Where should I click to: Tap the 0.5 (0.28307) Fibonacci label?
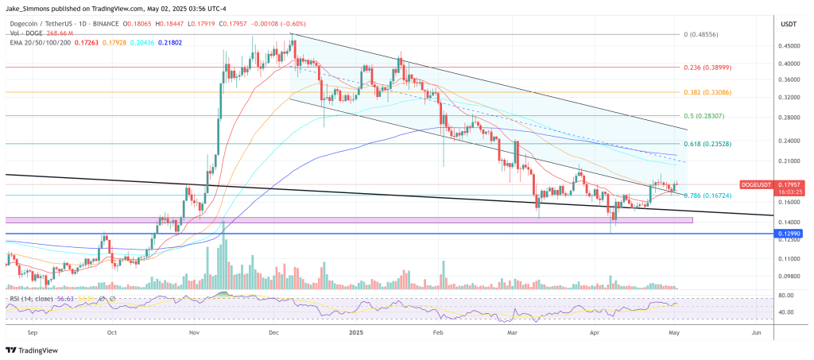click(x=707, y=116)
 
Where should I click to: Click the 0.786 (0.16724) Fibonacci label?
click(x=711, y=195)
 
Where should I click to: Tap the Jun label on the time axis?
click(x=755, y=334)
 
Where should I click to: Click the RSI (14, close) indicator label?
click(x=31, y=298)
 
